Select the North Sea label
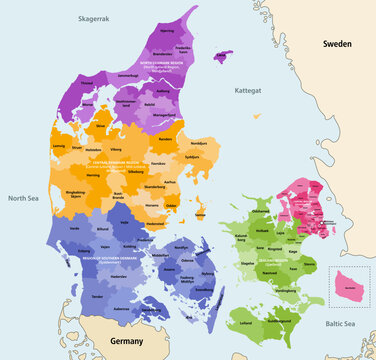pyautogui.click(x=22, y=198)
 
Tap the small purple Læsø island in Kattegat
pyautogui.click(x=223, y=56)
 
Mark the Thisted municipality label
pyautogui.click(x=87, y=83)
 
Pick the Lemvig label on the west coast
pyautogui.click(x=76, y=144)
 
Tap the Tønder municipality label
pyautogui.click(x=97, y=297)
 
